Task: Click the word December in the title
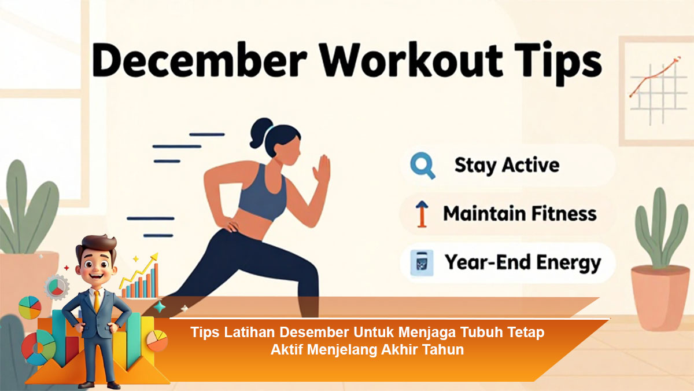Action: [x=200, y=60]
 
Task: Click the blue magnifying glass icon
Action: [x=423, y=166]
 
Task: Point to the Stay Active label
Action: [x=507, y=165]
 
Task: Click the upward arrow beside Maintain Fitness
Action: [x=422, y=214]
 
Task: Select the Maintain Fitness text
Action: [x=520, y=214]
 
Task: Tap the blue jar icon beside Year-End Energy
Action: [x=422, y=262]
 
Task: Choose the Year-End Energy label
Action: [x=523, y=263]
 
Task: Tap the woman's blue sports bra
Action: [x=263, y=194]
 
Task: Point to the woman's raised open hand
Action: [x=322, y=169]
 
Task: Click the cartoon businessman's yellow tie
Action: [x=97, y=301]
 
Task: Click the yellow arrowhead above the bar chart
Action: [x=154, y=257]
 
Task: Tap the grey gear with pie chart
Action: [x=57, y=287]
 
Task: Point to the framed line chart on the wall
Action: [x=656, y=92]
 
